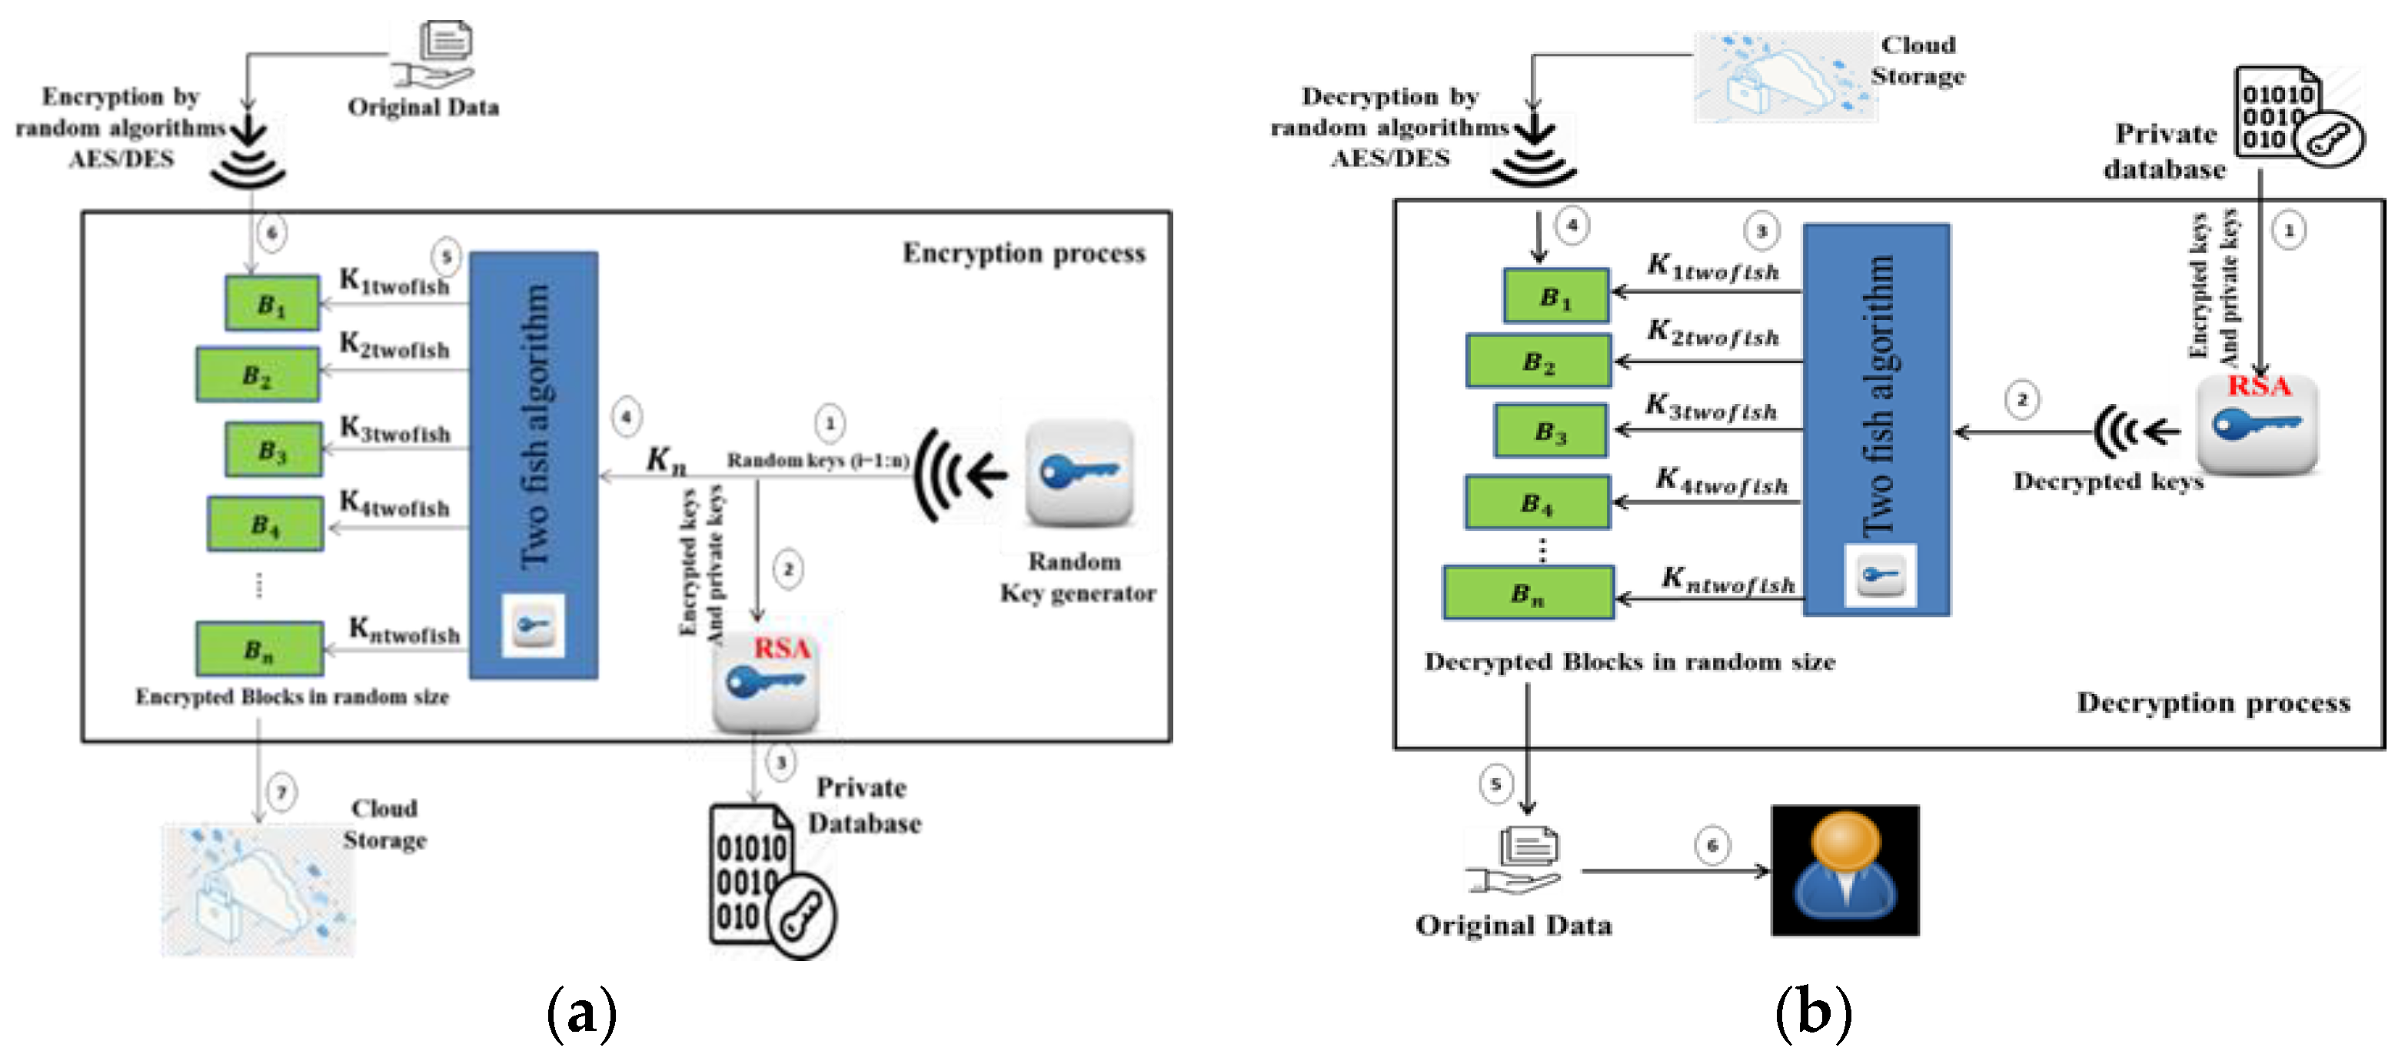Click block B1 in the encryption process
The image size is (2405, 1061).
tap(271, 302)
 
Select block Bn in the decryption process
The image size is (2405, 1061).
tap(1528, 592)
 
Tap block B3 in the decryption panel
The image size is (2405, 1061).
tap(1550, 431)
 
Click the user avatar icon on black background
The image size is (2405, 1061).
tap(1844, 869)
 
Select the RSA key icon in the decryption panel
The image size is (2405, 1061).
tap(2257, 425)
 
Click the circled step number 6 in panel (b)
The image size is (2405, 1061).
tap(1712, 846)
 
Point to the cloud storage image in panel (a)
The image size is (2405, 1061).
tap(258, 890)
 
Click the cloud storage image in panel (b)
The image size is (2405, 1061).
tap(1783, 77)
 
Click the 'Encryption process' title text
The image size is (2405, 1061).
tap(1023, 253)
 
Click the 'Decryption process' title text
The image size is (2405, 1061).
tap(2213, 702)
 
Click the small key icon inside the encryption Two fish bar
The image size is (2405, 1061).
tap(533, 624)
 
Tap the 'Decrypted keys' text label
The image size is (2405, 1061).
tap(2107, 481)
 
